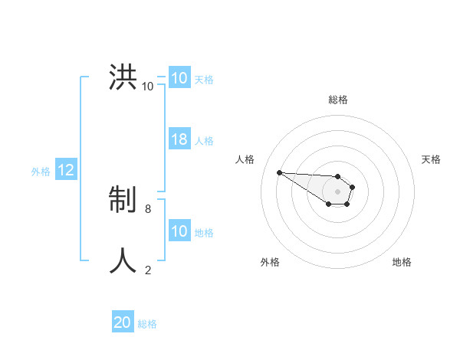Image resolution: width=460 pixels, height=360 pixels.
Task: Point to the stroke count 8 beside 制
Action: tap(147, 208)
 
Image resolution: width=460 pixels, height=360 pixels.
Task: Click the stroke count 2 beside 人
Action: tap(148, 269)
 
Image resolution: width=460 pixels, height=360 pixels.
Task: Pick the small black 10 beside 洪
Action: tap(147, 86)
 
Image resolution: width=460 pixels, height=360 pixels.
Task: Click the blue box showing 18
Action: tap(179, 139)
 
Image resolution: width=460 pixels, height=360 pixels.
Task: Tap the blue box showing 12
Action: tap(65, 171)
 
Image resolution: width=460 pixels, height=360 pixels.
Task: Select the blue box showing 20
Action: tap(123, 322)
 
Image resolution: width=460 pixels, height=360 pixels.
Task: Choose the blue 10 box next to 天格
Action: tap(179, 78)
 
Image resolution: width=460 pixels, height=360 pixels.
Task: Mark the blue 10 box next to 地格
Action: tap(179, 231)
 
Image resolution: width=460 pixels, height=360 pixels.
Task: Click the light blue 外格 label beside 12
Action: tap(41, 172)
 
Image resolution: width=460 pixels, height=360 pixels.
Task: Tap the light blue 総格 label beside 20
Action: tap(147, 324)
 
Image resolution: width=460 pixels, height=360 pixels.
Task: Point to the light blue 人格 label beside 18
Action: tap(204, 141)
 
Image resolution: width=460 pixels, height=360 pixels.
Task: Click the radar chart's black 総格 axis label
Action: tap(338, 100)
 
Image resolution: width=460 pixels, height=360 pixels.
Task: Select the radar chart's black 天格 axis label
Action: tap(431, 159)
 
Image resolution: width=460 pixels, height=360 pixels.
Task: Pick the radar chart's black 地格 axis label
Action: tap(402, 262)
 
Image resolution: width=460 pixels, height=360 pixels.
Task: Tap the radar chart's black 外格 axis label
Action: tap(270, 262)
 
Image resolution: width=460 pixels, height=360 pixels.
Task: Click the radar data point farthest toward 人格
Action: tap(279, 172)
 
